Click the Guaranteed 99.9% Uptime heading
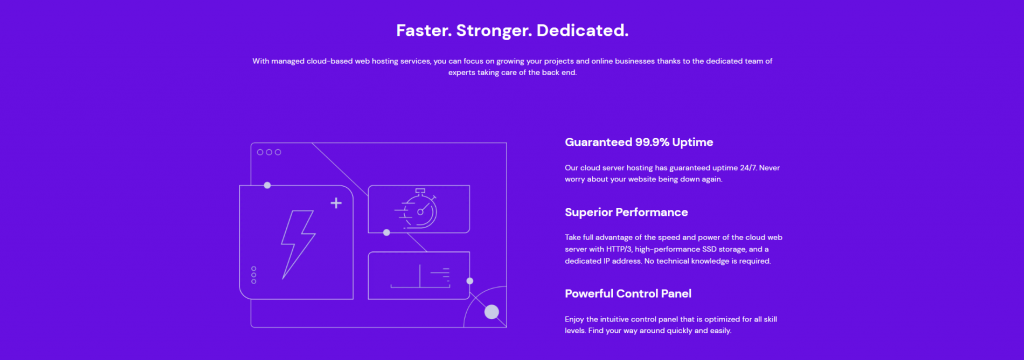[x=638, y=142]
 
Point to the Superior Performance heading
[x=626, y=212]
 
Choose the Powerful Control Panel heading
[x=627, y=293]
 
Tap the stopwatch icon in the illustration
[x=420, y=208]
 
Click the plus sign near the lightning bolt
[x=335, y=203]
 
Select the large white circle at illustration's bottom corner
[x=491, y=312]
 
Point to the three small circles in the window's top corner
[x=269, y=152]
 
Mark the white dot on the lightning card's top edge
[x=267, y=185]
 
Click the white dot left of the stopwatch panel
[x=387, y=232]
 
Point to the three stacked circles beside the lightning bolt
[x=253, y=275]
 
